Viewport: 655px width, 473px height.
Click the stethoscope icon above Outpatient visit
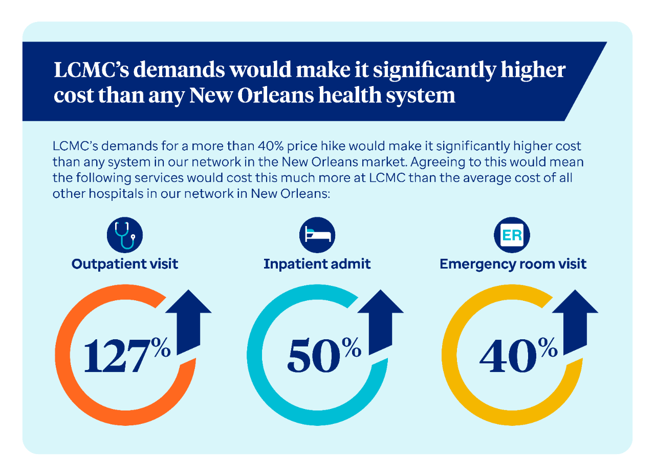(x=125, y=236)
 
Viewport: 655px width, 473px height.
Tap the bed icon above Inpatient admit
(x=317, y=236)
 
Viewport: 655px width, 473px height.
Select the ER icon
(x=512, y=236)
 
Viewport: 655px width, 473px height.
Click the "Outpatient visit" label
(x=125, y=264)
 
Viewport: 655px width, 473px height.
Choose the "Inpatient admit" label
(x=317, y=264)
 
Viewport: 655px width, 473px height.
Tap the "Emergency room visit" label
(x=513, y=264)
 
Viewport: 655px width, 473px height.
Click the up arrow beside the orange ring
(x=188, y=320)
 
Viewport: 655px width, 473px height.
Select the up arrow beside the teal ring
(x=380, y=320)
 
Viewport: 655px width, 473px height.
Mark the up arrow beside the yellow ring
(x=575, y=320)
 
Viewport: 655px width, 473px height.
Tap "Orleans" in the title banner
(x=263, y=95)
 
